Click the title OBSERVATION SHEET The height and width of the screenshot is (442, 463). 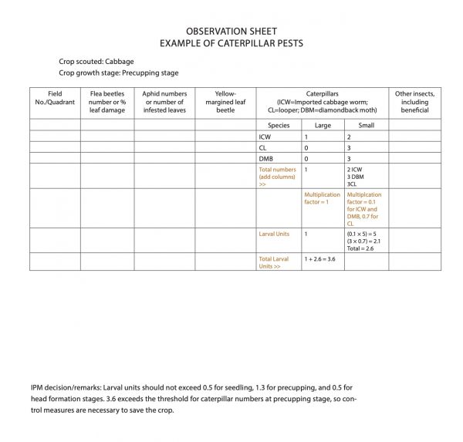pos(232,32)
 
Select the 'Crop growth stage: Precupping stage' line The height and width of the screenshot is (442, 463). pos(118,73)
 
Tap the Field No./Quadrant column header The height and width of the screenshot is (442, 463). pos(54,102)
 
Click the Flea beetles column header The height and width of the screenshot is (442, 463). pos(106,102)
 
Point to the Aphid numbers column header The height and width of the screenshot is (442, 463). pos(164,102)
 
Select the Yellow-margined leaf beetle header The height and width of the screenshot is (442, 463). pos(225,102)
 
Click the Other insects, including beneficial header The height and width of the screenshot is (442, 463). pos(414,102)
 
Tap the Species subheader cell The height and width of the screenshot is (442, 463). pos(279,125)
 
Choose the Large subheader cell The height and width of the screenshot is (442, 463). pos(323,125)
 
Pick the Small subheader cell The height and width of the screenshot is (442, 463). pos(366,125)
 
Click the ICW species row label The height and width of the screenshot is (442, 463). pos(265,137)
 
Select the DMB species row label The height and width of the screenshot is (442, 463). pos(266,158)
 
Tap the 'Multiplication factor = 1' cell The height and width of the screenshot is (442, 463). pos(322,199)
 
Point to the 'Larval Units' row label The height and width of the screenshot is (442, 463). pos(273,233)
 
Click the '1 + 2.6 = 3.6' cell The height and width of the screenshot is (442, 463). pos(319,259)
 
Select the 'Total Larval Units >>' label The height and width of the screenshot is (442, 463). pos(274,262)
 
